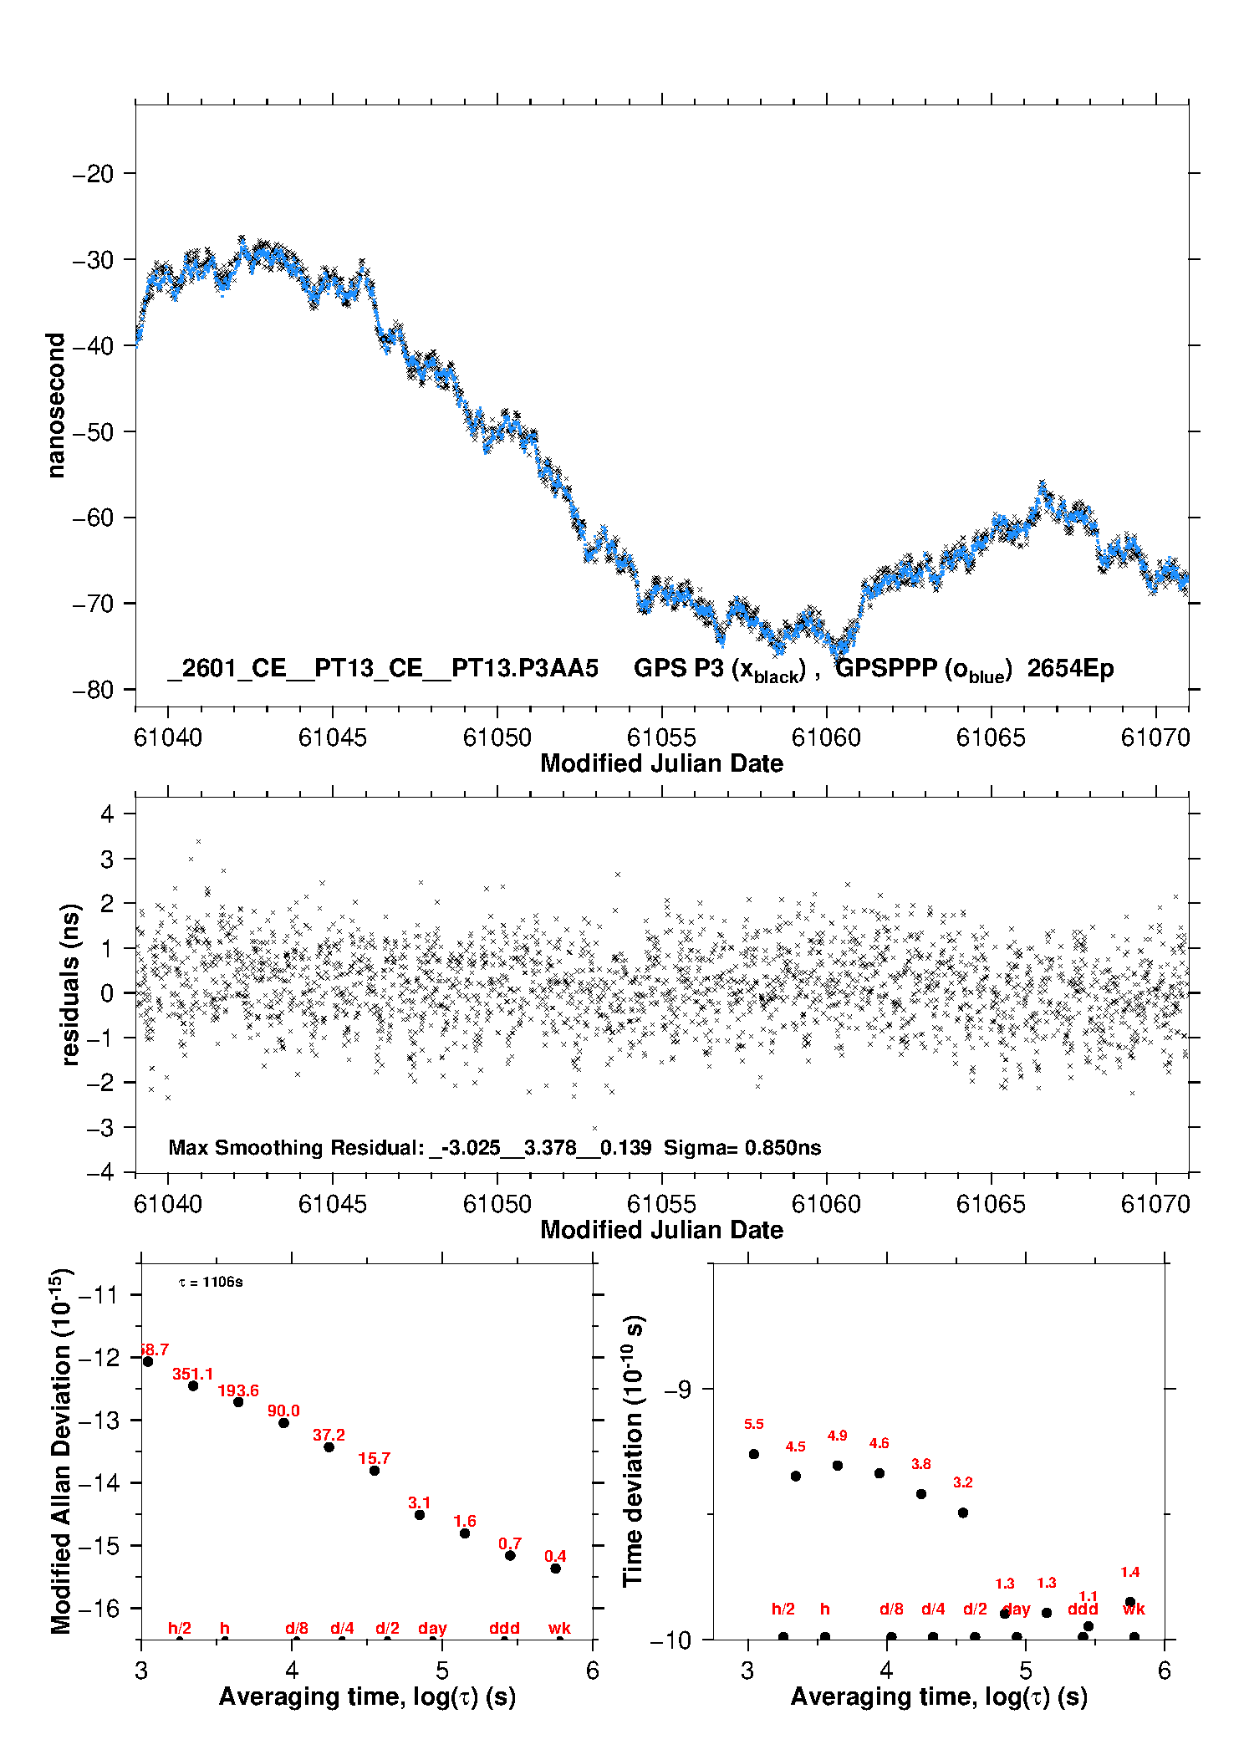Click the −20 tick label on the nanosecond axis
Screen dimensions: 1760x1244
pos(93,174)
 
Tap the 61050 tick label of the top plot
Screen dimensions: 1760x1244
pos(497,737)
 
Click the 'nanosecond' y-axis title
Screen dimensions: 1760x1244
pos(56,405)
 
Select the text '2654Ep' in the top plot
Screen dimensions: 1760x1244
pos(1070,669)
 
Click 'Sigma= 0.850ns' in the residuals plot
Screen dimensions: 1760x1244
pos(742,1147)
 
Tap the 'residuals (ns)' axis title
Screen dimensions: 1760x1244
pos(71,984)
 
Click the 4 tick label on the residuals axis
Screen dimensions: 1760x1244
pos(107,814)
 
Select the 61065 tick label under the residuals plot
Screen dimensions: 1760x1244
pos(991,1204)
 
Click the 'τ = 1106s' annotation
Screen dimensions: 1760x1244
pos(211,1282)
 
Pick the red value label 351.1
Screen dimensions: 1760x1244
pos(193,1374)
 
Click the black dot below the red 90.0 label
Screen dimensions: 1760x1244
pos(283,1422)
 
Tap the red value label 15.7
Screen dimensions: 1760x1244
pos(374,1458)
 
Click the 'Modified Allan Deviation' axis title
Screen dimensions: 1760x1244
pos(61,1451)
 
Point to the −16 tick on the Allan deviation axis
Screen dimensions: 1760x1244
pos(99,1608)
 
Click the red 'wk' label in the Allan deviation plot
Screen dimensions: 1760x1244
pos(559,1628)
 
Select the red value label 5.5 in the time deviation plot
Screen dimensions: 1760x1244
pos(753,1424)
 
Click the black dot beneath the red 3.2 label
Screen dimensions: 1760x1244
pos(963,1513)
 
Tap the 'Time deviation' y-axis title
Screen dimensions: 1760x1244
pos(633,1451)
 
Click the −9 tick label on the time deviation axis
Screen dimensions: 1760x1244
pos(676,1389)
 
